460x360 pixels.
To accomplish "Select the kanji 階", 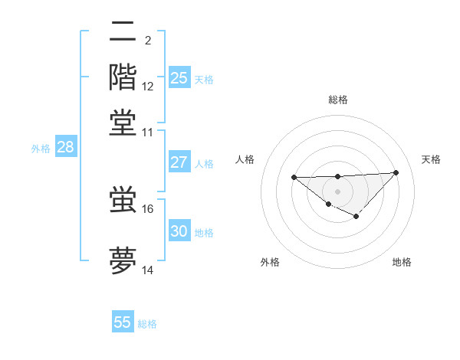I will [123, 77].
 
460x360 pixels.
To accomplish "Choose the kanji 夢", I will [123, 260].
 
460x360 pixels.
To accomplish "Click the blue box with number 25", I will [179, 77].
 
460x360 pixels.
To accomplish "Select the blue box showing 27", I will [179, 162].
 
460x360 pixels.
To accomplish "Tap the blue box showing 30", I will [179, 231].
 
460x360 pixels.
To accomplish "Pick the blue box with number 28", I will [65, 148].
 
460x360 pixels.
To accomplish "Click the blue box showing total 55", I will [123, 322].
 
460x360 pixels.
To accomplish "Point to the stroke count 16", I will [148, 208].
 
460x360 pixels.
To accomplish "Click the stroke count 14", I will [148, 270].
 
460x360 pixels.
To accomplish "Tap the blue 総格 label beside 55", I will [147, 324].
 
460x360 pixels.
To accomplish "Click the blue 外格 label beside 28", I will [40, 149].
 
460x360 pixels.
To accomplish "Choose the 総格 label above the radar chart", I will [337, 100].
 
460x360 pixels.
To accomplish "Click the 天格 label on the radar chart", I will [431, 159].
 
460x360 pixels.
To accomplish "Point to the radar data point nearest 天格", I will [396, 172].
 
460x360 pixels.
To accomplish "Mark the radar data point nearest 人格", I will [294, 177].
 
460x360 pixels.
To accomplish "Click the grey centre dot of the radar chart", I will [337, 191].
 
